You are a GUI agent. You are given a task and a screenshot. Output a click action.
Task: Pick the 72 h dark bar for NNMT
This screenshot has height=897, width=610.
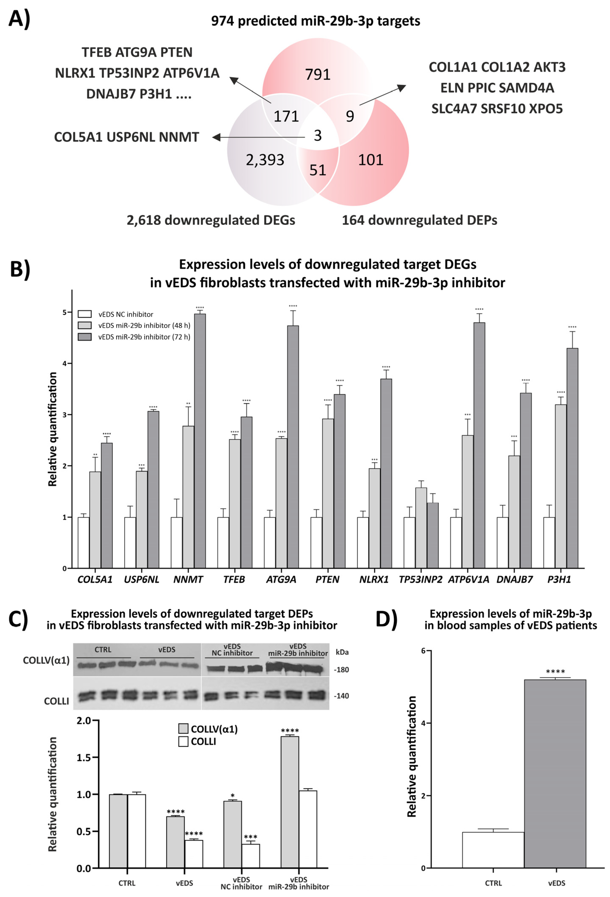click(200, 440)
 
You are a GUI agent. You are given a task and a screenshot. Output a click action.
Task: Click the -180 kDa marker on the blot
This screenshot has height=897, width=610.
click(341, 670)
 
